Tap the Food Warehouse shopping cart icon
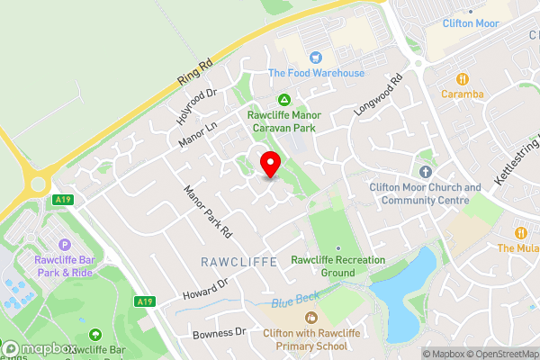tap(315, 57)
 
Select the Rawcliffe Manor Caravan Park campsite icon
tap(284, 99)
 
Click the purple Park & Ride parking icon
tap(64, 244)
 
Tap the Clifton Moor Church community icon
tap(426, 172)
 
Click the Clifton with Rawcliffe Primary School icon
tap(311, 318)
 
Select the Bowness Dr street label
tap(219, 333)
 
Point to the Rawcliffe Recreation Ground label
tap(337, 265)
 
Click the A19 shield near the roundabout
tap(62, 200)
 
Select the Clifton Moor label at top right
tap(471, 23)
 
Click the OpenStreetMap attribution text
tap(502, 354)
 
